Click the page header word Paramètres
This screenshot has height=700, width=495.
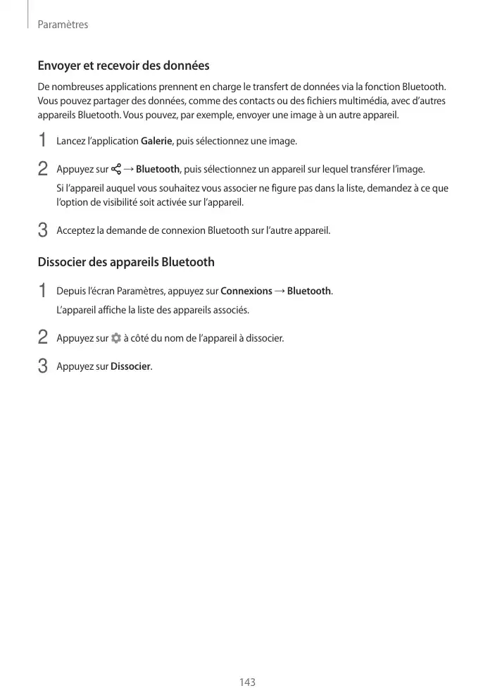(x=63, y=25)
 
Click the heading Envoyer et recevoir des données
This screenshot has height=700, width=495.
(x=123, y=65)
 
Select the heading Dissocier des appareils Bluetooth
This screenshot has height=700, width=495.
(x=126, y=262)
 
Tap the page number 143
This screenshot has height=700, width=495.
(x=247, y=682)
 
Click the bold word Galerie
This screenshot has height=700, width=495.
(x=156, y=142)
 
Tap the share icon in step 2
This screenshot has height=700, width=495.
(x=116, y=170)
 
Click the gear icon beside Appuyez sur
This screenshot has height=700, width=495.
(x=116, y=338)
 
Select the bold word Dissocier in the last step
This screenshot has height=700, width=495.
(x=130, y=366)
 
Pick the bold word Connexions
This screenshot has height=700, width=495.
(x=246, y=291)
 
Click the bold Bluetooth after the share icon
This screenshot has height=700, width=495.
(x=158, y=170)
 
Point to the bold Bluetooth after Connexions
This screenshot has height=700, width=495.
(x=309, y=291)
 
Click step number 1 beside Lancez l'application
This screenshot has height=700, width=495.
(x=43, y=141)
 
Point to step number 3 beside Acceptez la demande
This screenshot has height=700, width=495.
(x=43, y=230)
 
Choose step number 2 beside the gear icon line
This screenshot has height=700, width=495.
(x=43, y=338)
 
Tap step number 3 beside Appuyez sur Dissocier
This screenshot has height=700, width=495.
(x=43, y=366)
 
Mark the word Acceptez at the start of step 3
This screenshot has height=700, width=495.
(x=75, y=231)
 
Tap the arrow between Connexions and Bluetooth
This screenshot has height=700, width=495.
(x=280, y=291)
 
